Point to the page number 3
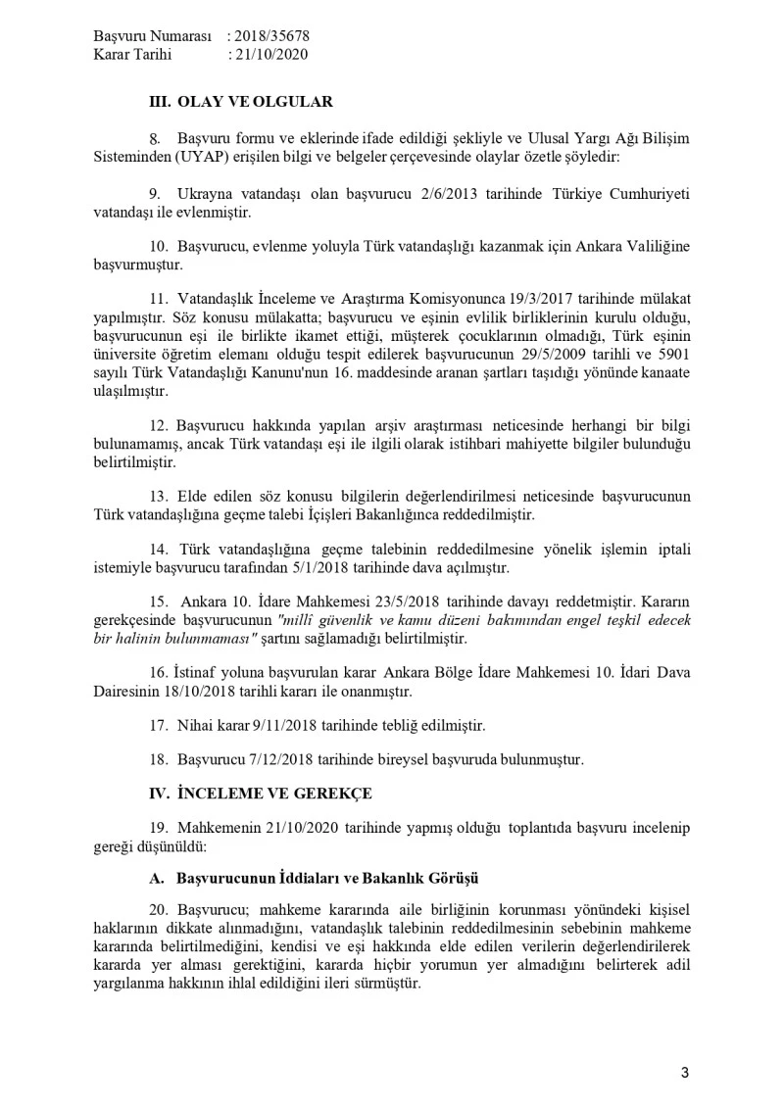point(685,1073)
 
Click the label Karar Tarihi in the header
point(132,55)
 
